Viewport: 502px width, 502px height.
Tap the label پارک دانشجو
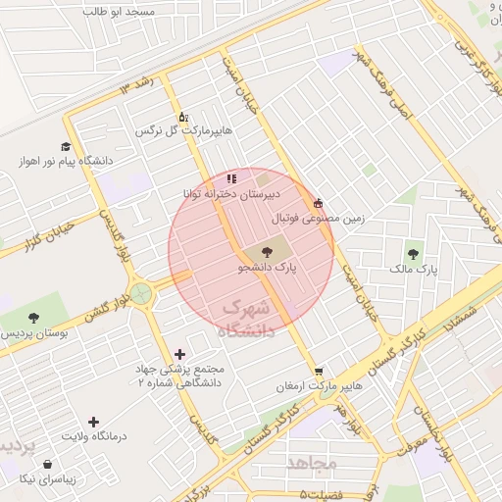pyautogui.click(x=268, y=267)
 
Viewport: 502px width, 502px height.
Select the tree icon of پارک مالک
pyautogui.click(x=412, y=253)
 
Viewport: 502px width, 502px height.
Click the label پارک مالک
pyautogui.click(x=412, y=268)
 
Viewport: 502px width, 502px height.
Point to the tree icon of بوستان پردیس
pyautogui.click(x=34, y=318)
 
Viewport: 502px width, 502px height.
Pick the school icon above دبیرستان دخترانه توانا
pyautogui.click(x=230, y=178)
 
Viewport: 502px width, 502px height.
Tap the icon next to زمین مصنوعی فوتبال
pyautogui.click(x=317, y=203)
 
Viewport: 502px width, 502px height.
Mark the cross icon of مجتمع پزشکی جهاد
pyautogui.click(x=179, y=354)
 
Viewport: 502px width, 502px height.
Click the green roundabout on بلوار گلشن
pyautogui.click(x=142, y=291)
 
